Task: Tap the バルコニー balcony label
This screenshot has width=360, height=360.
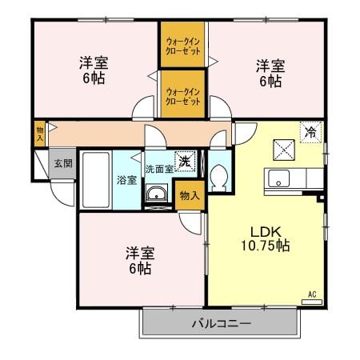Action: [x=221, y=324]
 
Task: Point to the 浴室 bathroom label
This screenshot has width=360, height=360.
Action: [x=126, y=180]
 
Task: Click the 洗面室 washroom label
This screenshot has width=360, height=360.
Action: [x=159, y=170]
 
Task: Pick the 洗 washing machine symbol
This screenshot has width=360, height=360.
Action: [x=185, y=161]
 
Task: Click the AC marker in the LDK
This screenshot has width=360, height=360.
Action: [x=312, y=294]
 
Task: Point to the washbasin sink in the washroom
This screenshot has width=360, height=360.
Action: [x=157, y=193]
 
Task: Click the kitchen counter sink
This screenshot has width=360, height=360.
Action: [x=280, y=178]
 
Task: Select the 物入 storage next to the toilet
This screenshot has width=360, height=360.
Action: [x=189, y=195]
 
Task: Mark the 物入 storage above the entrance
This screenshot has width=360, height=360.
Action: [x=40, y=133]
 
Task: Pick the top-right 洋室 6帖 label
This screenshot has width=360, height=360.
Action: [x=270, y=72]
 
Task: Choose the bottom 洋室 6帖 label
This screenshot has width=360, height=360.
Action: [x=139, y=261]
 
